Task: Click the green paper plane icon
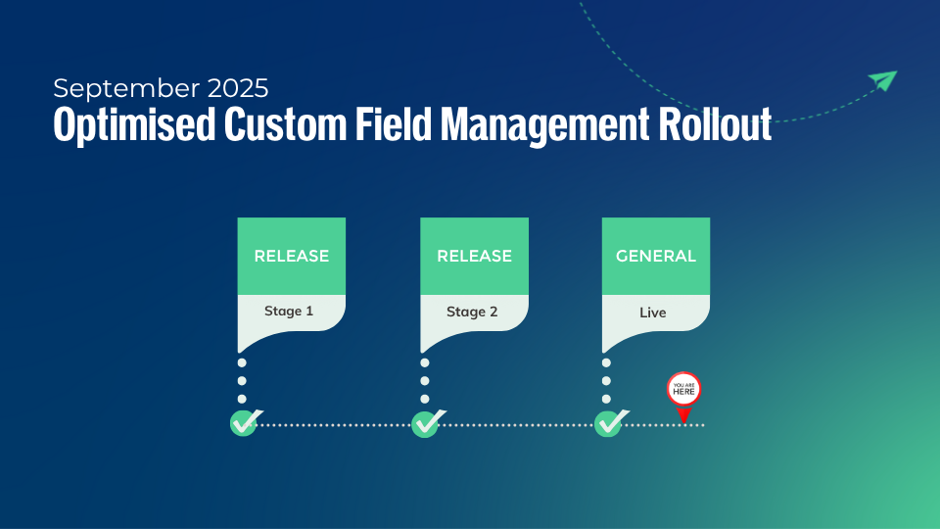(x=882, y=81)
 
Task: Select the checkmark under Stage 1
(x=244, y=423)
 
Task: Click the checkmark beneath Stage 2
(x=426, y=423)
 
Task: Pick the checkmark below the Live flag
(x=609, y=423)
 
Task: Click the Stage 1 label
(x=289, y=312)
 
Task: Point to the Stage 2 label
(x=472, y=313)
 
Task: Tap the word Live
(x=653, y=313)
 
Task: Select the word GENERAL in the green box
(x=656, y=256)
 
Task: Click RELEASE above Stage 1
(x=292, y=256)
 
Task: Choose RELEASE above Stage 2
(x=474, y=256)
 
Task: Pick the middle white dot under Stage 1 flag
(x=242, y=381)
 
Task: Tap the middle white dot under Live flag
(x=606, y=381)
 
